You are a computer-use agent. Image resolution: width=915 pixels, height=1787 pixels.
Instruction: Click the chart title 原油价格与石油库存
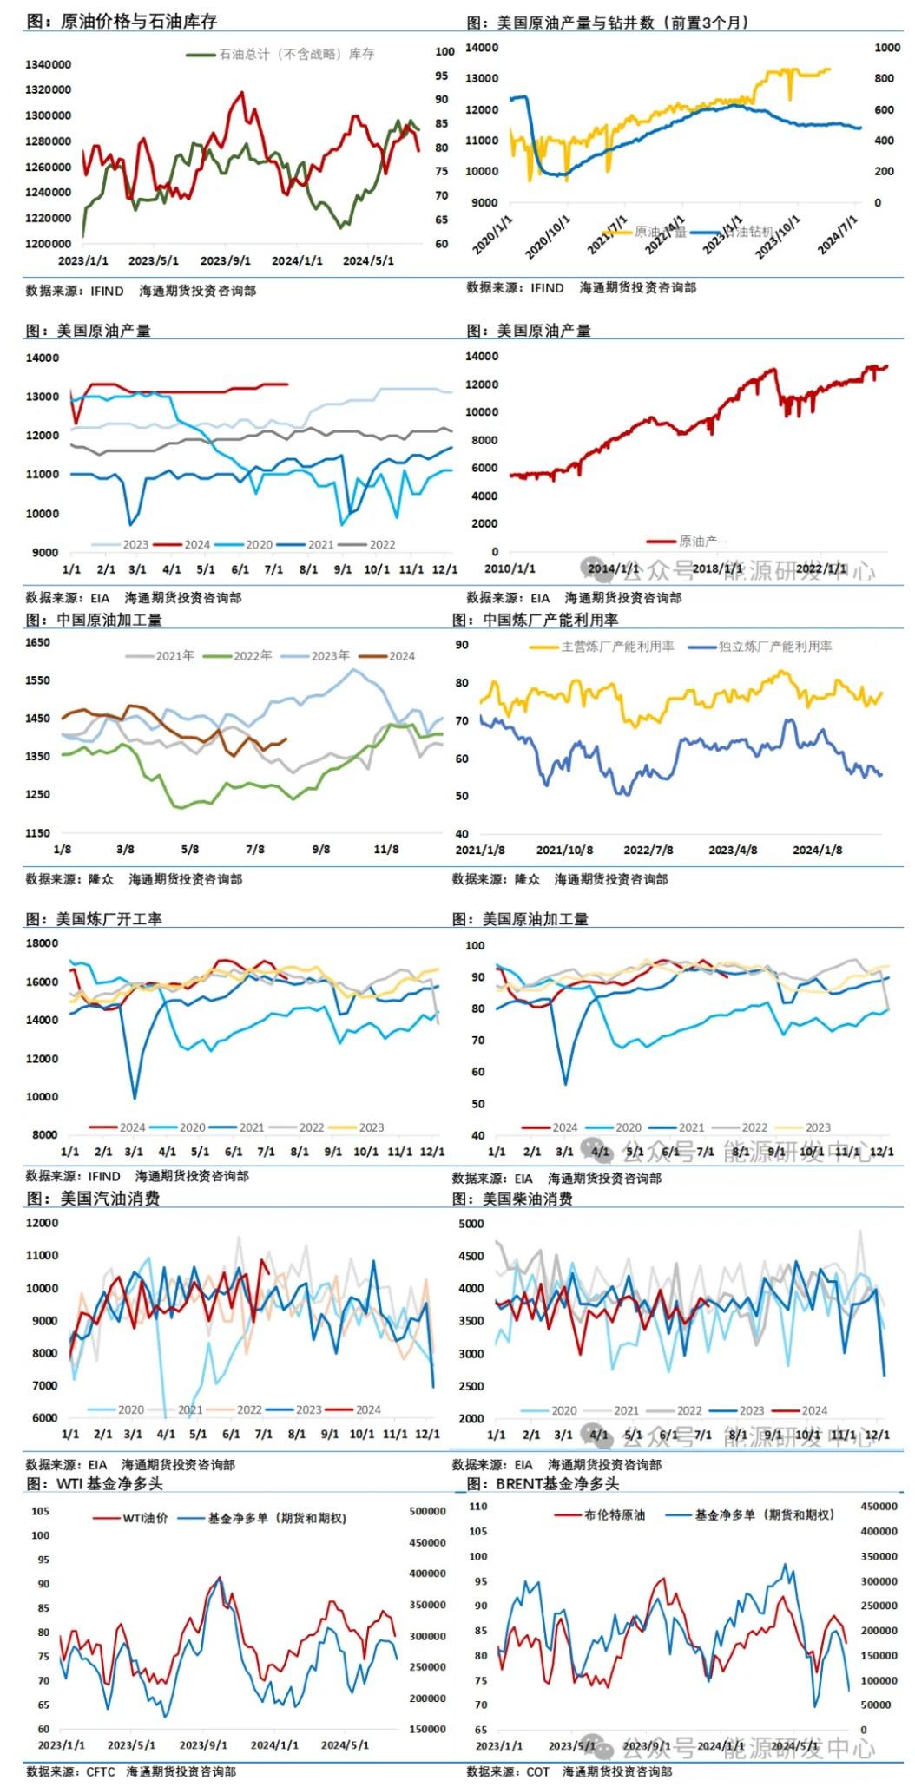[138, 21]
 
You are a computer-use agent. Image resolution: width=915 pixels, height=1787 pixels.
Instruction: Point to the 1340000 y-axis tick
[48, 64]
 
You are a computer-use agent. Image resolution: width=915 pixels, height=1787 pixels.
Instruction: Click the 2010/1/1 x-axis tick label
[510, 568]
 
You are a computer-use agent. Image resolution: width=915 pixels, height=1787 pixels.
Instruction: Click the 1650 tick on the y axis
[38, 642]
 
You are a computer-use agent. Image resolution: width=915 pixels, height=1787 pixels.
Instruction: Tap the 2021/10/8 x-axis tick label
[564, 850]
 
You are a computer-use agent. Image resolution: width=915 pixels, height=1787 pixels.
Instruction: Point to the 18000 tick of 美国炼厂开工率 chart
[42, 943]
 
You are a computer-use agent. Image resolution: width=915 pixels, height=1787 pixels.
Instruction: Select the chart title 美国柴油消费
[536, 1199]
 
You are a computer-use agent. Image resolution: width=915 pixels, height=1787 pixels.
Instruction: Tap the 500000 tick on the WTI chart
[427, 1511]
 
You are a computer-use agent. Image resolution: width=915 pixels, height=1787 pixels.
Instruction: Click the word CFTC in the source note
[100, 1771]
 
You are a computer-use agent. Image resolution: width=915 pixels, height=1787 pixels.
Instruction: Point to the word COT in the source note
[538, 1771]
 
